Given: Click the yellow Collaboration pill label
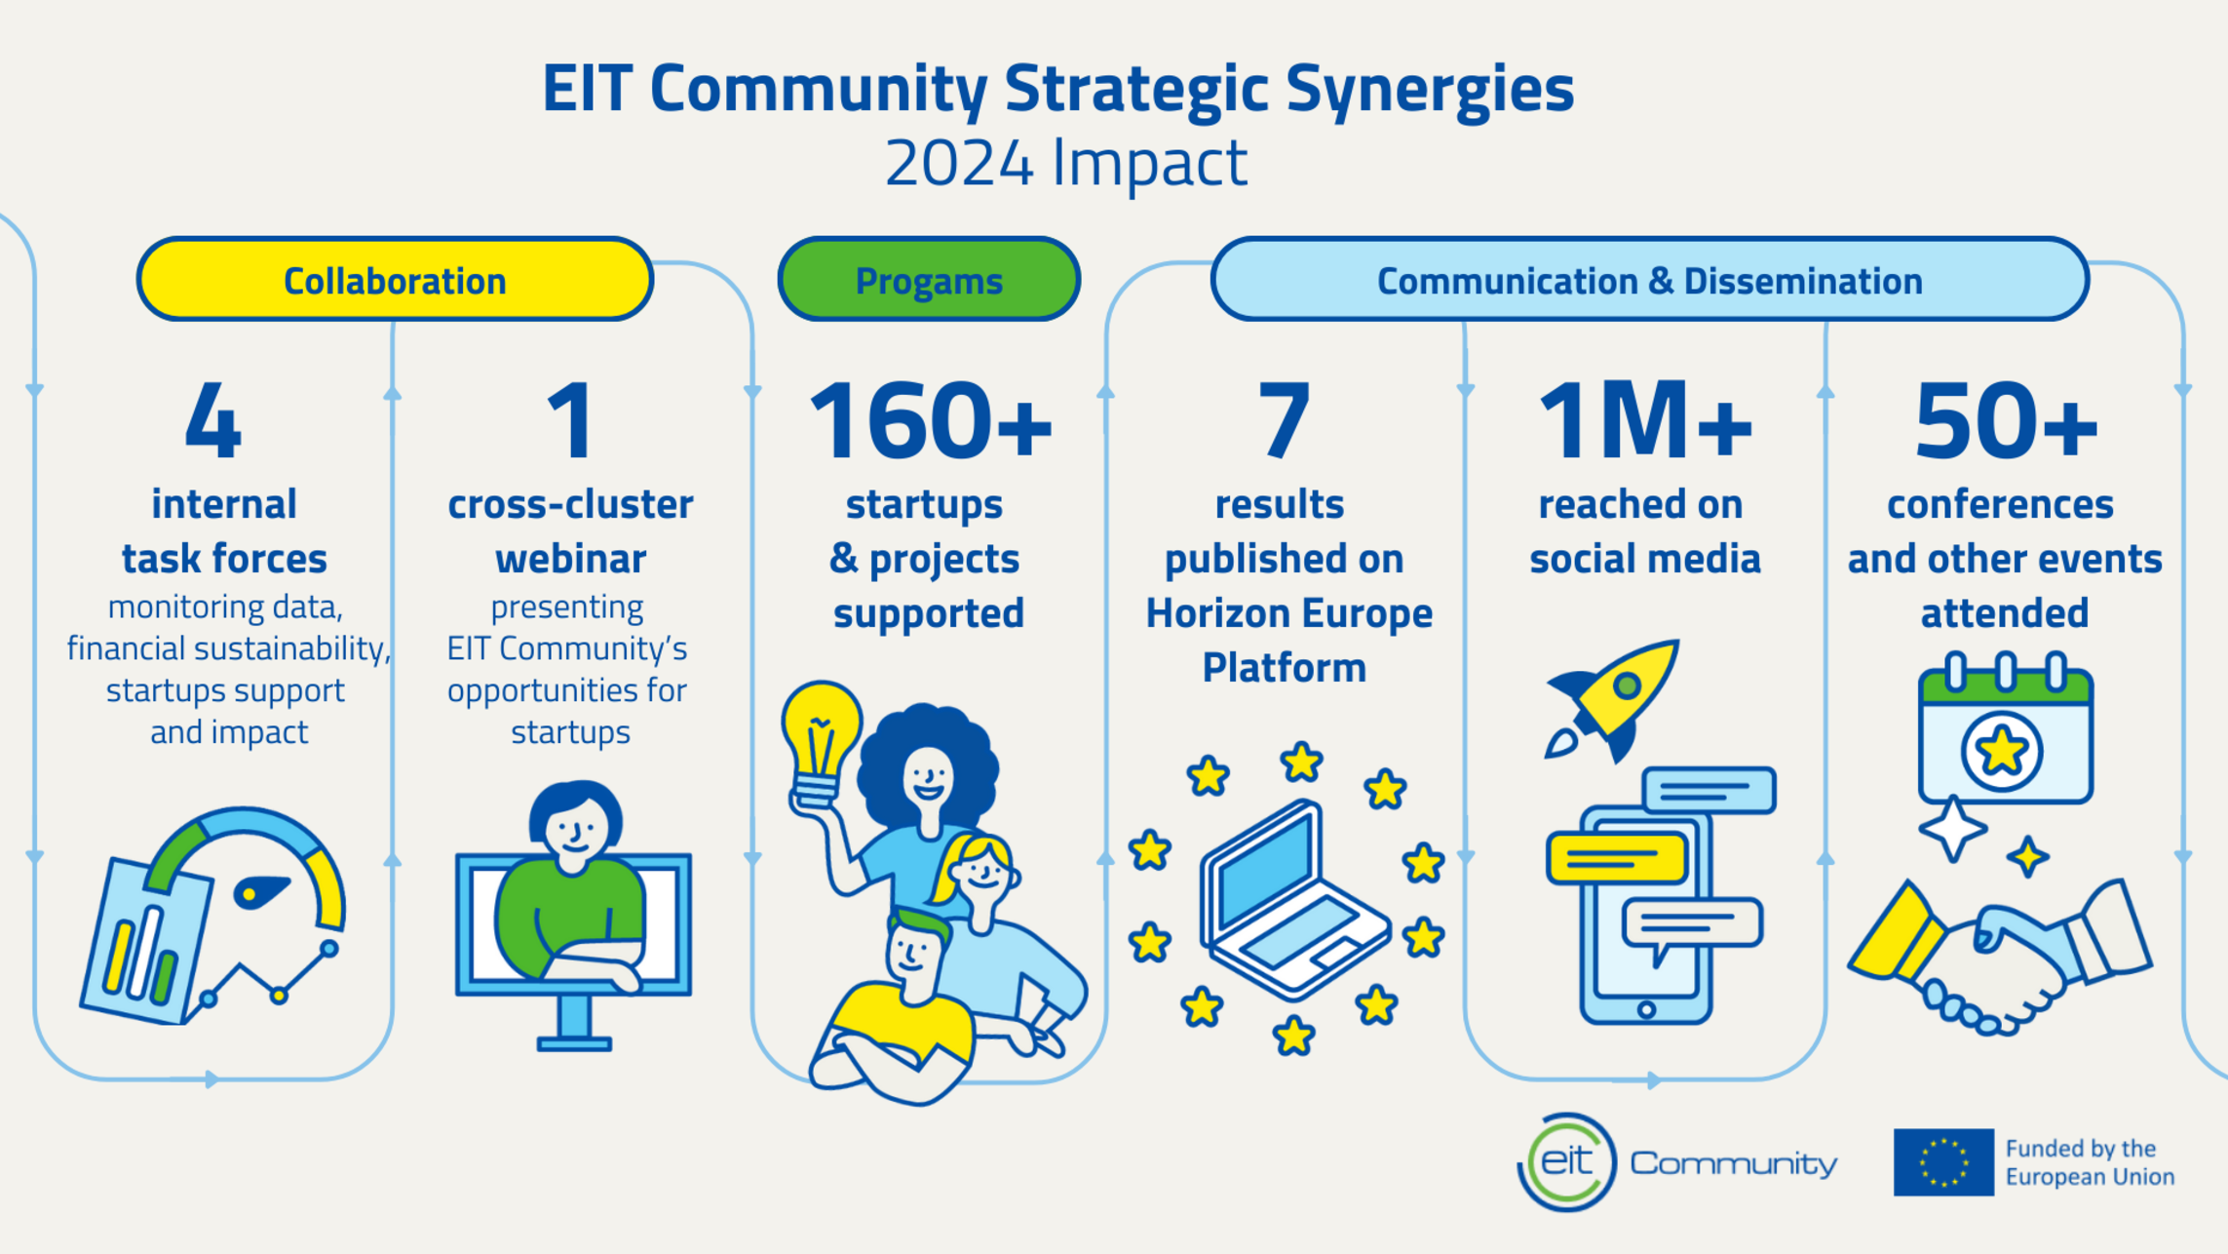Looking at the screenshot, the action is pyautogui.click(x=395, y=280).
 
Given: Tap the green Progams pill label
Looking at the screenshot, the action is pyautogui.click(x=929, y=280).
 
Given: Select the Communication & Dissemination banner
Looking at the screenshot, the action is pyautogui.click(x=1649, y=280).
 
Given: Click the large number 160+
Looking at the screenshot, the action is pyautogui.click(x=931, y=421).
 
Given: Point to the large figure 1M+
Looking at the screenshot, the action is pyautogui.click(x=1645, y=421).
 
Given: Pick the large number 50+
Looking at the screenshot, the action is pyautogui.click(x=2006, y=421).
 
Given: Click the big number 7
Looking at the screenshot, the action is pyautogui.click(x=1284, y=421).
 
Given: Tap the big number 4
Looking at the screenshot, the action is pyautogui.click(x=213, y=421).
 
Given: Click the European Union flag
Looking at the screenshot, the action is pyautogui.click(x=1943, y=1162).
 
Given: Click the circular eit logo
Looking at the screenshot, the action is pyautogui.click(x=1566, y=1162).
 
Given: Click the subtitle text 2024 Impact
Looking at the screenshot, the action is pyautogui.click(x=1065, y=163).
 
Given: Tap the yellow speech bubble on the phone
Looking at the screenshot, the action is pyautogui.click(x=1616, y=859).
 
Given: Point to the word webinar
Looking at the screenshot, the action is pyautogui.click(x=570, y=559).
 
